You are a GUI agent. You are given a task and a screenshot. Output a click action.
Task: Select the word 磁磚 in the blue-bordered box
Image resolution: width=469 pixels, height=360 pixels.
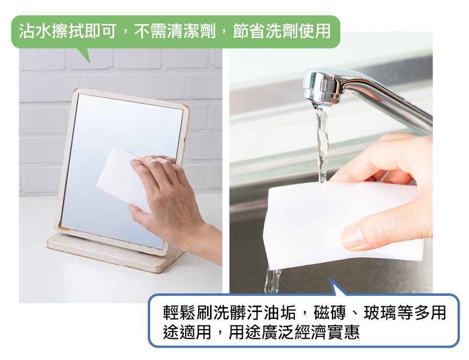click(x=329, y=312)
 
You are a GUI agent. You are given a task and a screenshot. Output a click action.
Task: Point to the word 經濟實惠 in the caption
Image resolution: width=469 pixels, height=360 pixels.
click(x=327, y=332)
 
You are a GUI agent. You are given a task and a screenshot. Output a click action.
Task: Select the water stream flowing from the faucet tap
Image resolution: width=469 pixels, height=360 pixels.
click(x=323, y=144)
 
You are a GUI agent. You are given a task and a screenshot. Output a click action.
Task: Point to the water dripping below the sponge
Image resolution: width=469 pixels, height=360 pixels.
click(x=273, y=281)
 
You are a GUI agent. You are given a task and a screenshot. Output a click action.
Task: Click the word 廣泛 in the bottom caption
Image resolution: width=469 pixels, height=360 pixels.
click(x=278, y=332)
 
